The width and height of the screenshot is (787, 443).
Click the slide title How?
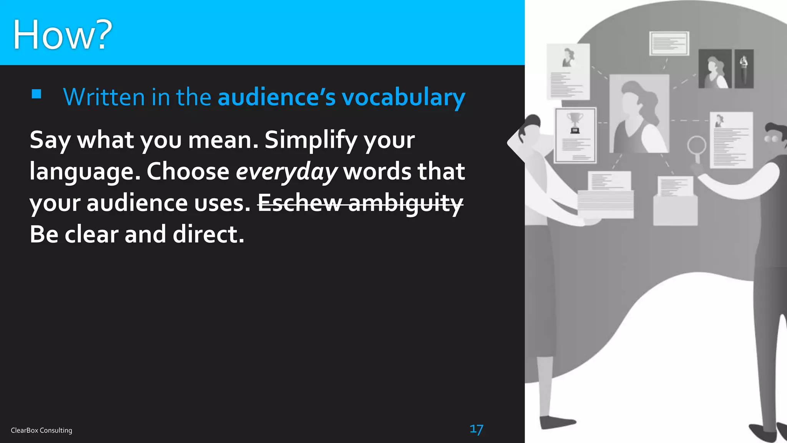pyautogui.click(x=62, y=35)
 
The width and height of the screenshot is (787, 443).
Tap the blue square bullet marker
pyautogui.click(x=37, y=94)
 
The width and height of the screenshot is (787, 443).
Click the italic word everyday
pyautogui.click(x=286, y=172)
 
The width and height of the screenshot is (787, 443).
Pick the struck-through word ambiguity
pyautogui.click(x=405, y=203)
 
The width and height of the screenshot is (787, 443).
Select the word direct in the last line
pyautogui.click(x=208, y=234)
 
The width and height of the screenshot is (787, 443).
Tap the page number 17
pyautogui.click(x=476, y=429)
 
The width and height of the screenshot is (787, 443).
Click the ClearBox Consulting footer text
pyautogui.click(x=42, y=430)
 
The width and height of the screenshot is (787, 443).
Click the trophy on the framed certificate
pyautogui.click(x=575, y=122)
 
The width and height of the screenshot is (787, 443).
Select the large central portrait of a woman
pyautogui.click(x=639, y=114)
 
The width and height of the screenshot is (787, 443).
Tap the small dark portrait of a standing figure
pyautogui.click(x=744, y=68)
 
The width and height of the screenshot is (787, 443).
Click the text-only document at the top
pyautogui.click(x=669, y=43)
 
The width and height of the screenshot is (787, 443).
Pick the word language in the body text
pyautogui.click(x=85, y=172)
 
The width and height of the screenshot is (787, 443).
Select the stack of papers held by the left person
pyautogui.click(x=605, y=204)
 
